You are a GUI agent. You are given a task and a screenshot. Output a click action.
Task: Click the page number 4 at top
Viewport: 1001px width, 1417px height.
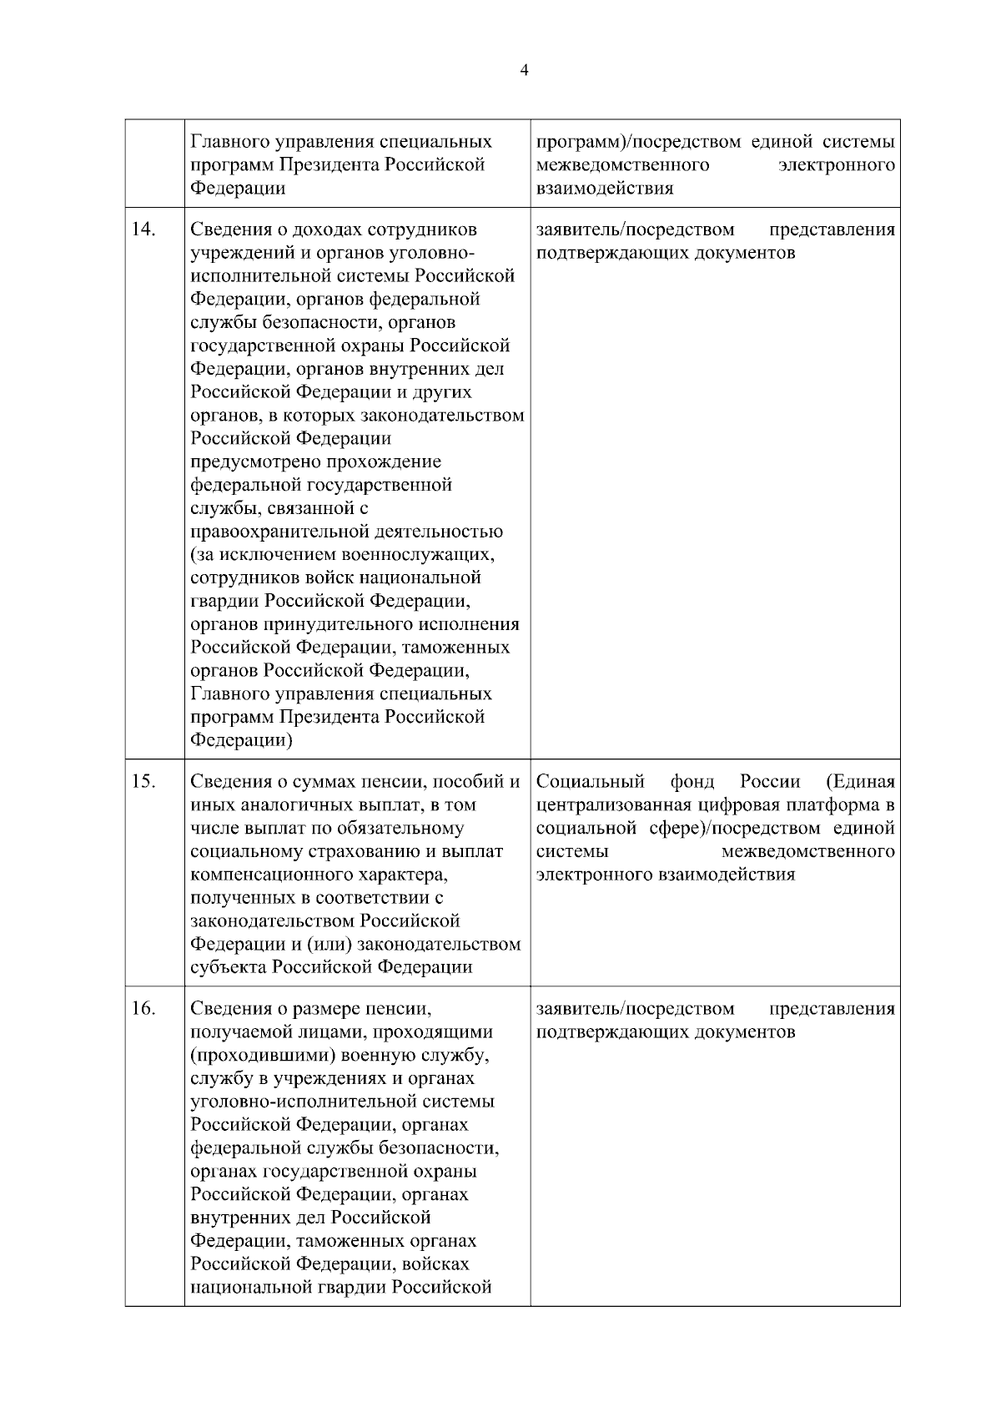click(x=524, y=71)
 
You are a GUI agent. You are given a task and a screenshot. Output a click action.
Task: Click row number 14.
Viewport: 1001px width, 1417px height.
click(x=143, y=229)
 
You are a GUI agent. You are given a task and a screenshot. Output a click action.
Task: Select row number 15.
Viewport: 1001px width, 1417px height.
click(x=143, y=782)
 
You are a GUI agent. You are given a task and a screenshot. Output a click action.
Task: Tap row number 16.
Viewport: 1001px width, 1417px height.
click(x=143, y=1009)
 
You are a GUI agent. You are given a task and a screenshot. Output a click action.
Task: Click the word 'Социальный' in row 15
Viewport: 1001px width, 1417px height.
click(x=591, y=782)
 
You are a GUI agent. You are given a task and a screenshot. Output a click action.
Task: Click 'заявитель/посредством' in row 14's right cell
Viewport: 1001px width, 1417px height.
click(x=636, y=229)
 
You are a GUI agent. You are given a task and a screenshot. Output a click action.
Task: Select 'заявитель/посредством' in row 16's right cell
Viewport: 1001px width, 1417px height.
click(x=636, y=1009)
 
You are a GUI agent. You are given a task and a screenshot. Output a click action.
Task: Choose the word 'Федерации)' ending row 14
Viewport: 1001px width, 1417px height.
click(x=241, y=740)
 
